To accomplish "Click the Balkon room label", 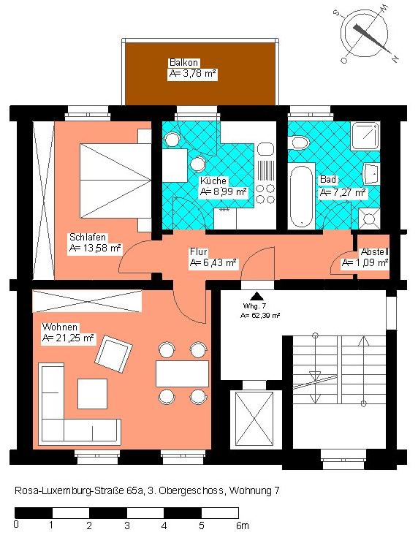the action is tap(183, 62).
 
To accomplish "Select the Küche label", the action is tap(213, 181).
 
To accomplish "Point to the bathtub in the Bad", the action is tap(301, 195).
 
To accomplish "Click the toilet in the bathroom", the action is tap(298, 143).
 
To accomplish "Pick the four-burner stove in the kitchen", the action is tap(265, 194).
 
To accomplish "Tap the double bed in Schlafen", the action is tap(115, 181).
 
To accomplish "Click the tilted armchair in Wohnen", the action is tap(113, 354).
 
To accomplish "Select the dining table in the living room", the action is tap(182, 373).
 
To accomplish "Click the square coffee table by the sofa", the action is tap(93, 394).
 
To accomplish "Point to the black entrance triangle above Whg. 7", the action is tap(255, 297).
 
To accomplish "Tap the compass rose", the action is tap(365, 34).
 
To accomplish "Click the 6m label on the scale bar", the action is tap(243, 525).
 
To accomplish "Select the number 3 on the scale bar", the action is tap(127, 525).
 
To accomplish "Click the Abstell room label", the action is tap(375, 252).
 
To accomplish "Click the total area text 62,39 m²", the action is tap(265, 316).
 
